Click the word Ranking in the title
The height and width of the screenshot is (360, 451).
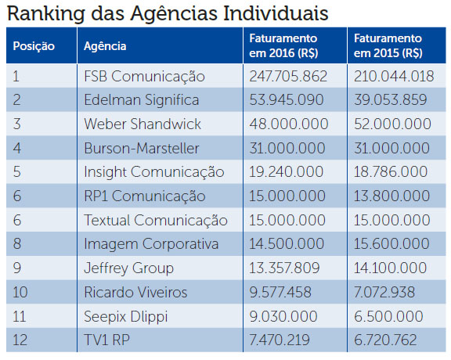[46, 14]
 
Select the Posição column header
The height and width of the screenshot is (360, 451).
[34, 46]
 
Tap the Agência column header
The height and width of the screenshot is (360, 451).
[105, 46]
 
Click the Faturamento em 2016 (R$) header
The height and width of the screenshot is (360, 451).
[283, 45]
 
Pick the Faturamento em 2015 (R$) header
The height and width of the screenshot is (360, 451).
[388, 45]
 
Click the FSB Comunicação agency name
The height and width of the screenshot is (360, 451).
[144, 77]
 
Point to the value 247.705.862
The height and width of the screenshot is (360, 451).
[288, 76]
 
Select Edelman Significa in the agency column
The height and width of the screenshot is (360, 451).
[142, 100]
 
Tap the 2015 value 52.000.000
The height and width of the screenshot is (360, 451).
[392, 124]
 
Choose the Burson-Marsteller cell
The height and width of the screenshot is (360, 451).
[142, 149]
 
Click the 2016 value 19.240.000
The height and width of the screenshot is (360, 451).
[287, 172]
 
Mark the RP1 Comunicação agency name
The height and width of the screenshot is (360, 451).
[145, 196]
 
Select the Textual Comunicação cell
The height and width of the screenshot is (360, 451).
[156, 220]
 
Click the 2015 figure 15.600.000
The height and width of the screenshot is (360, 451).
[391, 244]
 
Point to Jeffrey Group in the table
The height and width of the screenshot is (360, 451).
[129, 268]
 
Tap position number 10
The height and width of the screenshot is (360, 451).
[20, 292]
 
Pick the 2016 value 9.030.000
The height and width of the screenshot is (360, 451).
[283, 316]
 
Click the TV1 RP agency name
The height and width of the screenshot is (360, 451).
[106, 340]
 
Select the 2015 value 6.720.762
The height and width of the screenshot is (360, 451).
[385, 340]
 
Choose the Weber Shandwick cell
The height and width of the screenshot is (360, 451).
[143, 124]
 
